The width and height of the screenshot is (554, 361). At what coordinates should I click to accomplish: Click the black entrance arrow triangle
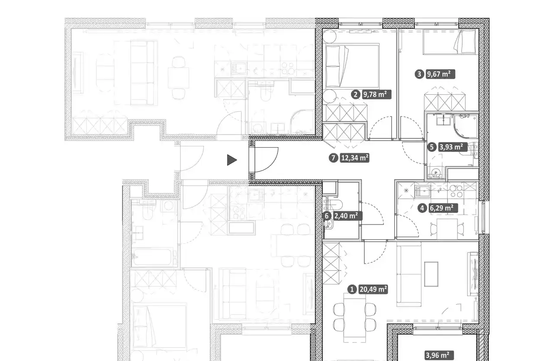coord(232,160)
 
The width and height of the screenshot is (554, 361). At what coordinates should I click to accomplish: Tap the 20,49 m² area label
coord(373,289)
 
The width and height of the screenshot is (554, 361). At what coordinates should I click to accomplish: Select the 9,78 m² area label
coord(377,94)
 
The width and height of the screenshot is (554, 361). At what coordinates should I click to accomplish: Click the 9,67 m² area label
coord(441,74)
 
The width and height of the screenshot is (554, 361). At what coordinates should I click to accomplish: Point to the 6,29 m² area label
coord(443,208)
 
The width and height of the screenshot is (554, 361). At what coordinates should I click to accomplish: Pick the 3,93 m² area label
coord(453,147)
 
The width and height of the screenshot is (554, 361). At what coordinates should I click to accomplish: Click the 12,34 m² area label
coord(354,158)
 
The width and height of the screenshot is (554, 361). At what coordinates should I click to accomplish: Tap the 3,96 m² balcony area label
coord(439,355)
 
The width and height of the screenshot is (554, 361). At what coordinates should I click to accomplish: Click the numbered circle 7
coord(333,158)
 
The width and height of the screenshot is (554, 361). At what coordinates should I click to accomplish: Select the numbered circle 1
coord(352,289)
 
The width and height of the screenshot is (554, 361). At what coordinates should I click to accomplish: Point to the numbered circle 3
coord(419,74)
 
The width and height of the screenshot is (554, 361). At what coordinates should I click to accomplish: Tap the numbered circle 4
coord(422,208)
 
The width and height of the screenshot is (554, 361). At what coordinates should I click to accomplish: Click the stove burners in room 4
coord(456,191)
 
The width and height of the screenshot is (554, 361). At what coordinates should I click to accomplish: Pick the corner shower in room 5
coord(465,126)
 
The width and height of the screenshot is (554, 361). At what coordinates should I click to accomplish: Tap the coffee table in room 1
coord(431,274)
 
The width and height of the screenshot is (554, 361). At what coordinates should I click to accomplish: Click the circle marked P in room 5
coord(436,173)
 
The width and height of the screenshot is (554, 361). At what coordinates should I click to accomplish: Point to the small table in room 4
coord(447,229)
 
